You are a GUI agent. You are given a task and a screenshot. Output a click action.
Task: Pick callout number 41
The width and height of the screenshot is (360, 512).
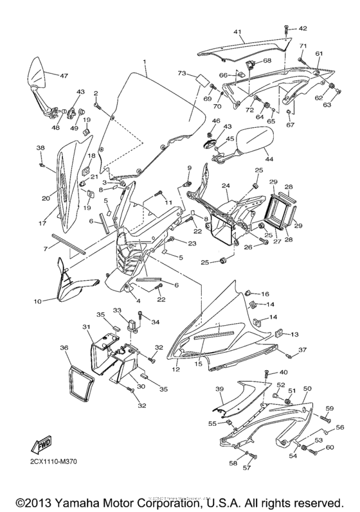tap(238, 31)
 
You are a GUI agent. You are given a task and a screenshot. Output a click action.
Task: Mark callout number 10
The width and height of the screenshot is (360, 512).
tap(37, 300)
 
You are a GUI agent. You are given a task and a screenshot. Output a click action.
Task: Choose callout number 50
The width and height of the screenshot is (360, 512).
tap(307, 389)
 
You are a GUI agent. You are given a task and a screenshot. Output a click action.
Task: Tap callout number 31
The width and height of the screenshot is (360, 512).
tap(85, 327)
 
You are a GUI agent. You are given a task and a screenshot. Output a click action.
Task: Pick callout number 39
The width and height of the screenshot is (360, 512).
tap(219, 390)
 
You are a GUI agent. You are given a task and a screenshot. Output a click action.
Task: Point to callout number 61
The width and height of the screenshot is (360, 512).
tap(319, 53)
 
